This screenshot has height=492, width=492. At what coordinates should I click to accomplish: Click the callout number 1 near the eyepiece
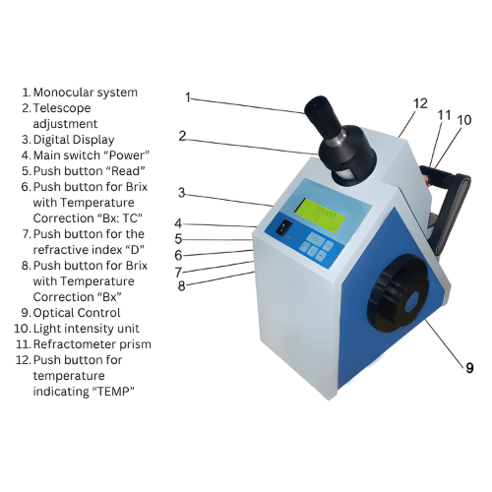pyautogui.click(x=187, y=96)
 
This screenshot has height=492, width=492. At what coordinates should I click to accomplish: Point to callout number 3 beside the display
pyautogui.click(x=181, y=192)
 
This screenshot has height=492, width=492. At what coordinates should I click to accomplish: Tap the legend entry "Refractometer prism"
pyautogui.click(x=95, y=344)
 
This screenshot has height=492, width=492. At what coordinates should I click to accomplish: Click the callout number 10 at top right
pyautogui.click(x=463, y=119)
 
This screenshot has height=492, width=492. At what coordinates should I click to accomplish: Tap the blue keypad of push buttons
pyautogui.click(x=316, y=246)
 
